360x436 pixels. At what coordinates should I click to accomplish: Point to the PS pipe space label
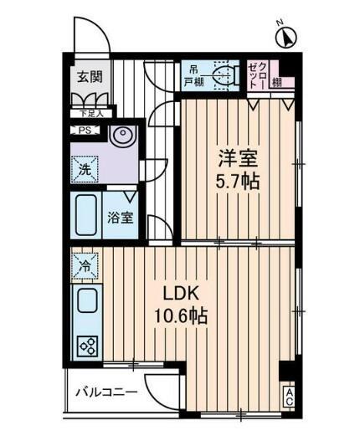click(x=85, y=130)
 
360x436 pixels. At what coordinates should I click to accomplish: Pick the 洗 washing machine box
click(x=85, y=167)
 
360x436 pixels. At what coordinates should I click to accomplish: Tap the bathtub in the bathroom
click(x=87, y=214)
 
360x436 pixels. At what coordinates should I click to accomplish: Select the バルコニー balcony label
click(x=106, y=392)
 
